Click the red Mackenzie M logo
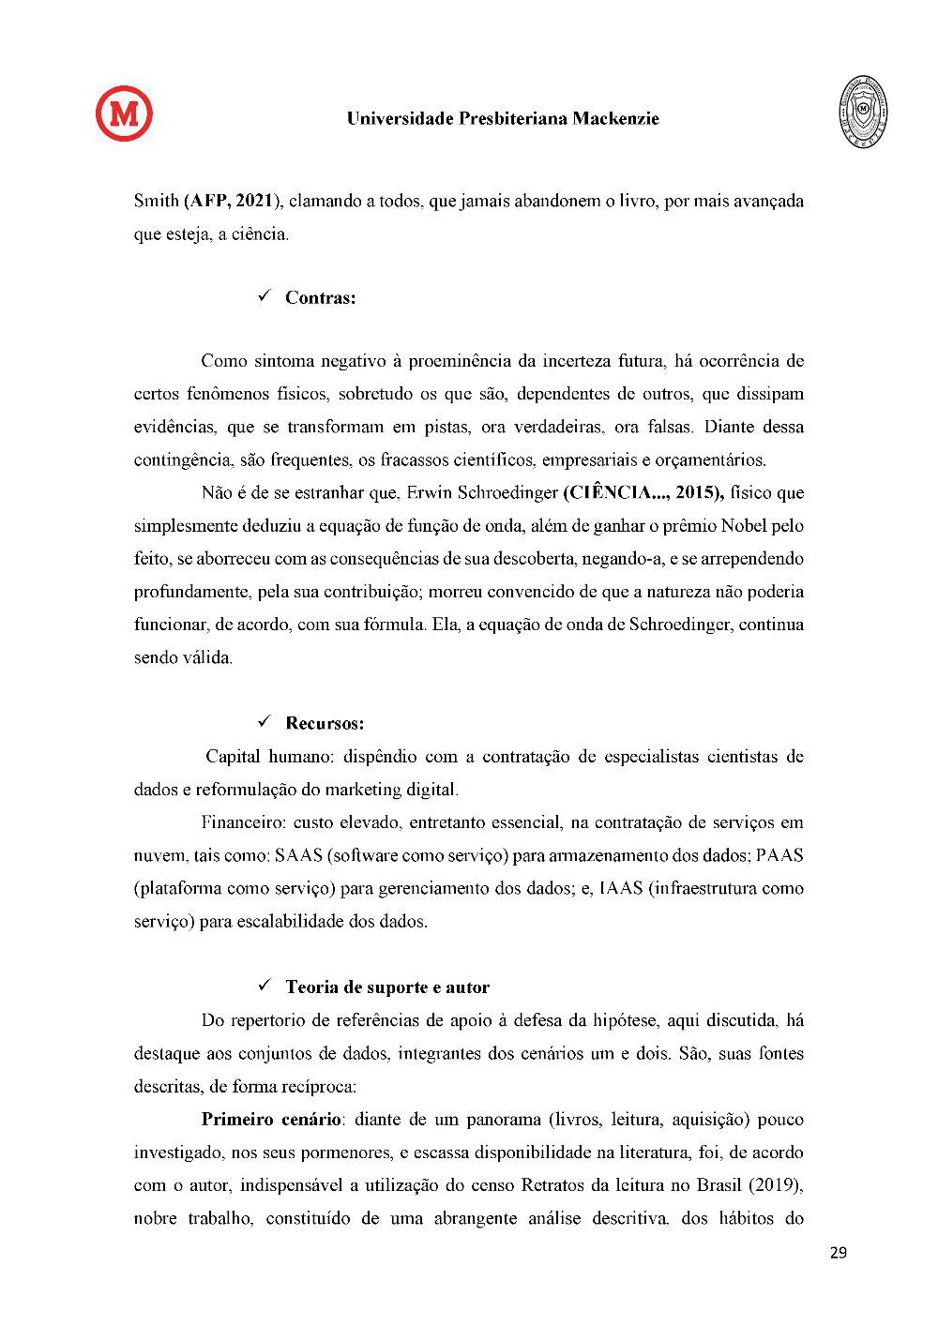pos(124,113)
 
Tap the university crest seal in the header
pos(863,113)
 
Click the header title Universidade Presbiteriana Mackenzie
pos(503,118)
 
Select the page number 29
pos(839,1252)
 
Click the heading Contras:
pos(320,298)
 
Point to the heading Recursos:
pos(325,723)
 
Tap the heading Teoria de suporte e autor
pos(387,987)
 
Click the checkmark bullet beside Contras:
pos(265,296)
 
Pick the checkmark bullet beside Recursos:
pos(265,721)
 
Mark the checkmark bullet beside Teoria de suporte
pos(265,985)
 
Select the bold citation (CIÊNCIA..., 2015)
pos(643,492)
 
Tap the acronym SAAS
pos(298,855)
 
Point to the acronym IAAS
pos(621,888)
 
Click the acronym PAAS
pos(779,855)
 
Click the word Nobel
pos(744,525)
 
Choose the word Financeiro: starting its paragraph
pos(243,822)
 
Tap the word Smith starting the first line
pos(156,201)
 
